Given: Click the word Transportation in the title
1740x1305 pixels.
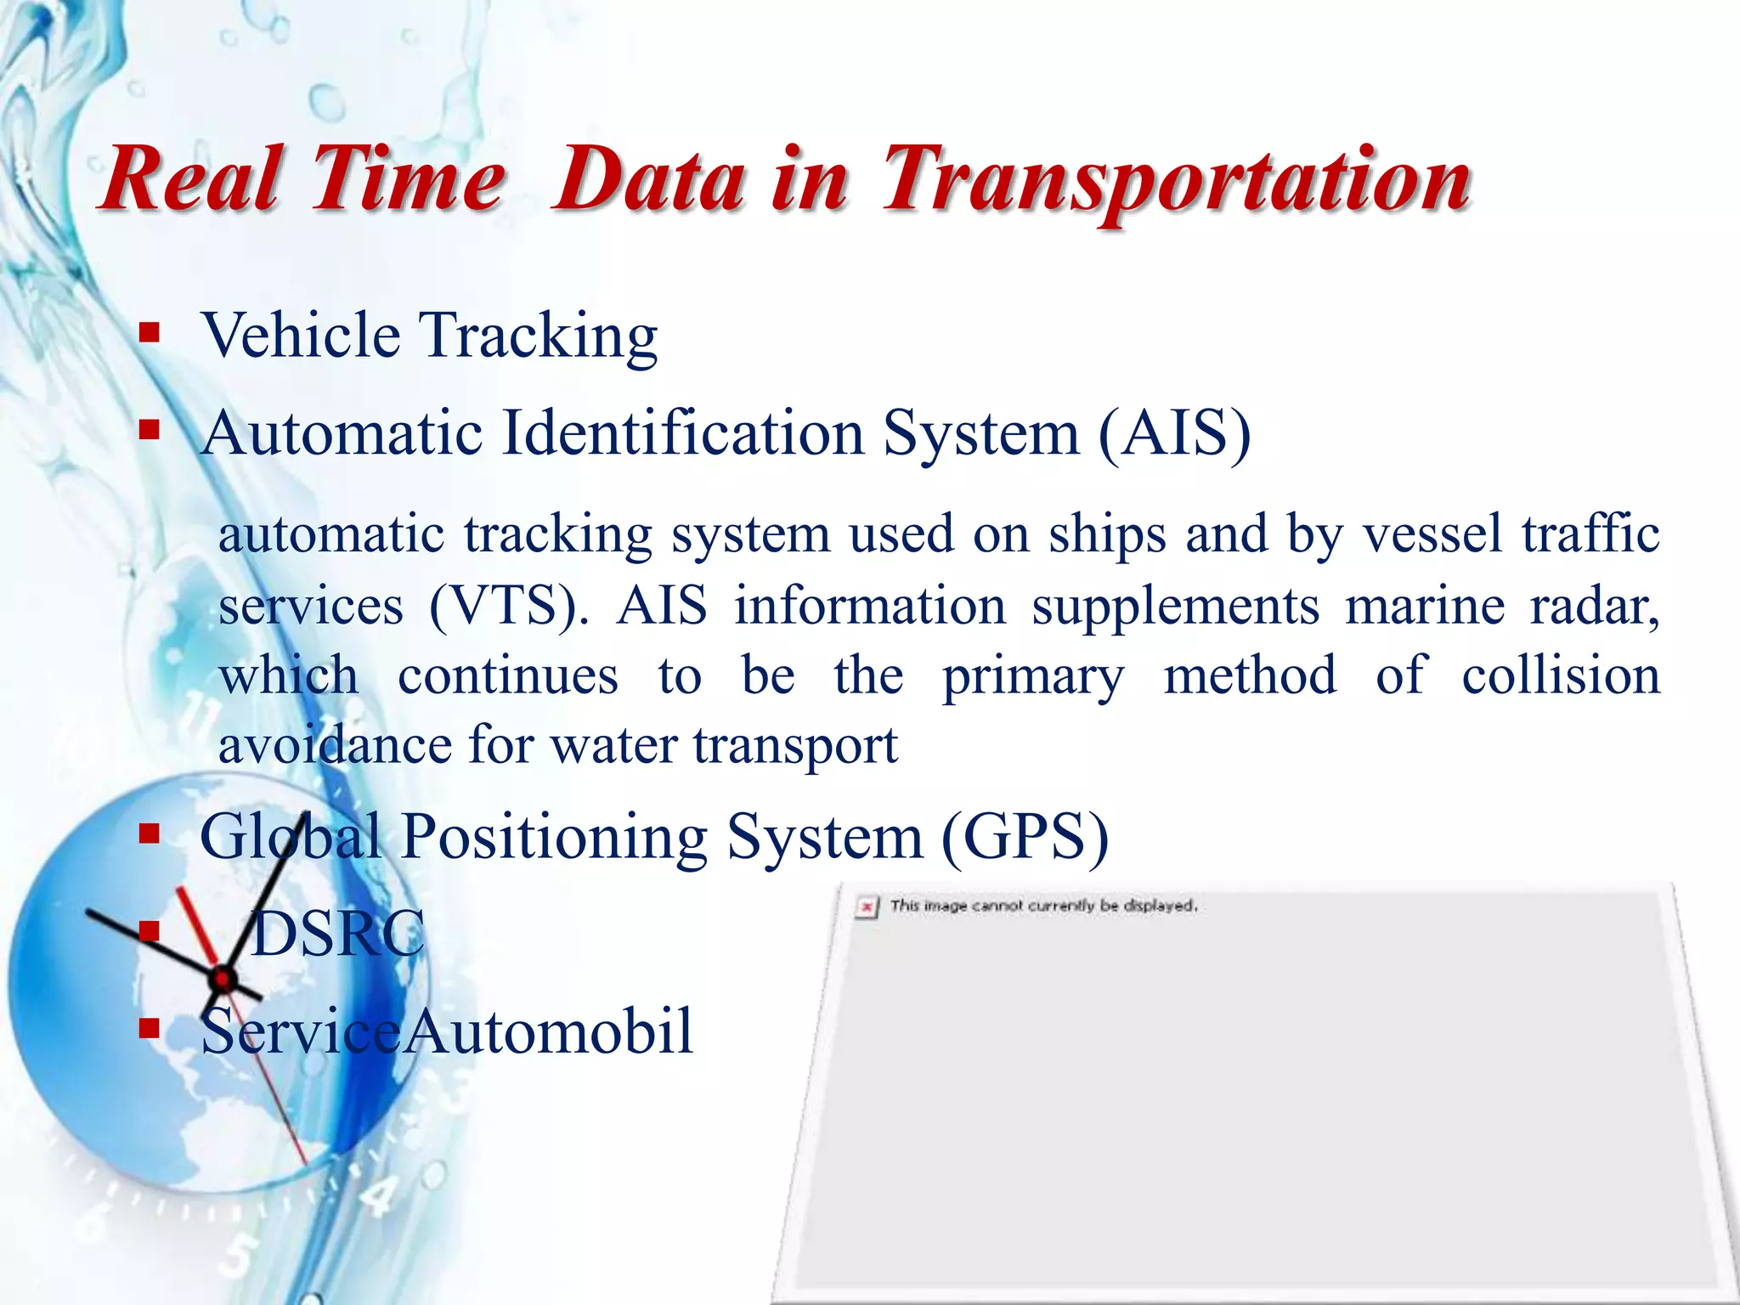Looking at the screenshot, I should click(1177, 180).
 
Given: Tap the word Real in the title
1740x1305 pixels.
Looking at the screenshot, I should click(191, 180).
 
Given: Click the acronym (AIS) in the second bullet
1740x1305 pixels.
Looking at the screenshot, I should click(1174, 433).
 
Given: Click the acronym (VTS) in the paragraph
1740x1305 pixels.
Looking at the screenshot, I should click(508, 607).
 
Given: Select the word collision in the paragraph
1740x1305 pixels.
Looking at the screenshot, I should click(1560, 676).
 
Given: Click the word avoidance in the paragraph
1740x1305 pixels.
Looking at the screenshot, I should click(335, 746).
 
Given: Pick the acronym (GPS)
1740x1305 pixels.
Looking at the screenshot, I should click(1025, 838).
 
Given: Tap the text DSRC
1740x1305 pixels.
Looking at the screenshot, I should click(338, 934).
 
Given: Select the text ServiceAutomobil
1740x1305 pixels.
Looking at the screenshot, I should click(447, 1031).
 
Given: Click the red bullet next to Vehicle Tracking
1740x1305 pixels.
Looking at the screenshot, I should click(150, 332).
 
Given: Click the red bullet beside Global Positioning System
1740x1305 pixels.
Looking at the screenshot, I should click(150, 834).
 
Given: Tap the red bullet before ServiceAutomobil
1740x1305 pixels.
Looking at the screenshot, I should click(150, 1029).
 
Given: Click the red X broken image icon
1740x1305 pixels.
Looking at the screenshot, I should click(866, 907).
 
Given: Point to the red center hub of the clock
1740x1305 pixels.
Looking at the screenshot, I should click(223, 980).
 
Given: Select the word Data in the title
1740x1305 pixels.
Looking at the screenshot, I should click(649, 180).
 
